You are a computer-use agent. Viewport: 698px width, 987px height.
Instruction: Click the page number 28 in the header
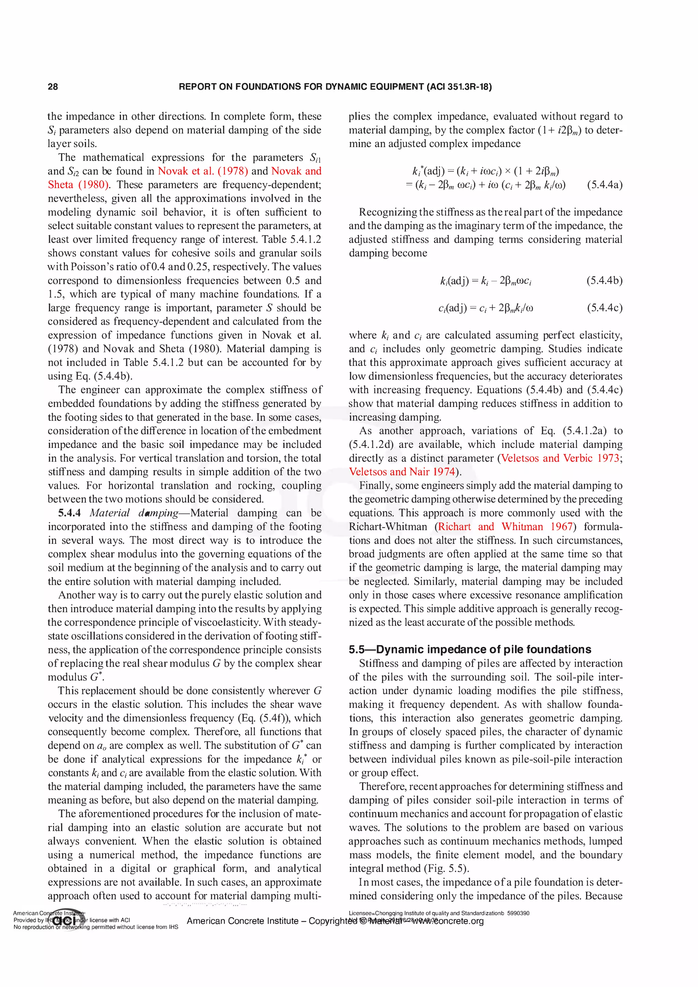[x=52, y=87]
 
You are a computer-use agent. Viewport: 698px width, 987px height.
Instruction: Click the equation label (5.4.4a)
[x=604, y=185]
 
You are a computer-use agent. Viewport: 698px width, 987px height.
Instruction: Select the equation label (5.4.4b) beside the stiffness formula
[x=604, y=281]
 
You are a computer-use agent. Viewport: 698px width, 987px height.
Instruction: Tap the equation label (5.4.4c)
[x=604, y=308]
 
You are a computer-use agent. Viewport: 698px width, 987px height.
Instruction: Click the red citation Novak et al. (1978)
[x=202, y=171]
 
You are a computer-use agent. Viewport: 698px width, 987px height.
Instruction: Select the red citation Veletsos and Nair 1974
[x=402, y=472]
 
